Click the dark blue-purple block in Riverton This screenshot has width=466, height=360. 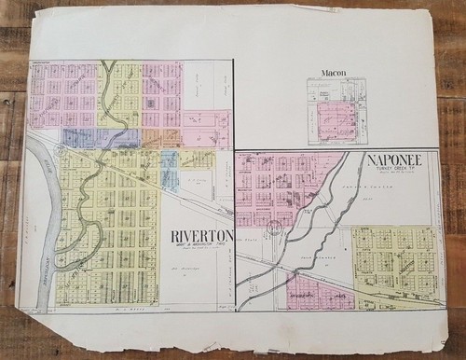(101, 138)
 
